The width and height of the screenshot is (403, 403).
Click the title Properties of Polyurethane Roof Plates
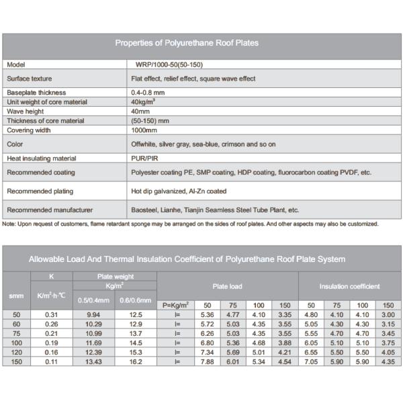point(187,43)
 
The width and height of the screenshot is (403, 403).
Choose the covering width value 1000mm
point(143,130)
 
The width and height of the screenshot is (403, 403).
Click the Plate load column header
point(227,287)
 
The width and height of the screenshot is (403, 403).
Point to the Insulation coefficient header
point(349,287)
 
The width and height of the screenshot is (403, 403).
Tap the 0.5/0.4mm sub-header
point(95,300)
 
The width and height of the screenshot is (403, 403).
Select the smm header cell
point(16,296)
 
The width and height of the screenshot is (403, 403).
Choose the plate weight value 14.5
point(136,343)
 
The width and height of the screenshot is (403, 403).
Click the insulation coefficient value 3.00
point(387,314)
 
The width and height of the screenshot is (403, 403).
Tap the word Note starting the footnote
point(9,224)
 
